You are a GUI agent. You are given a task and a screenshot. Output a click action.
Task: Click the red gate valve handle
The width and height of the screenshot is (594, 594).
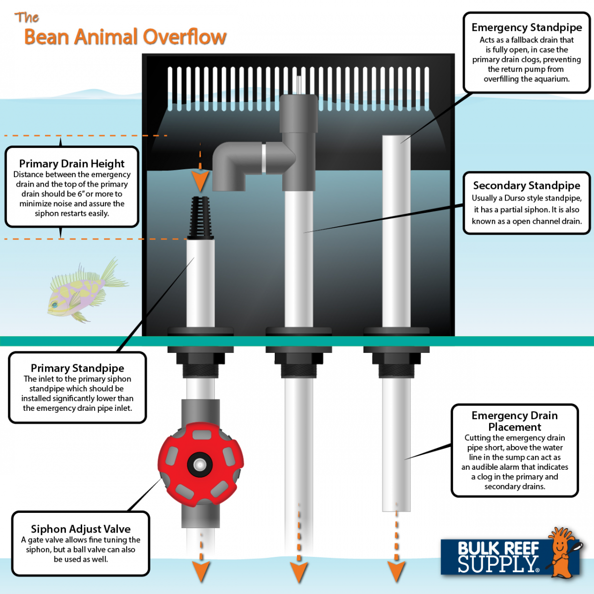coord(200,464)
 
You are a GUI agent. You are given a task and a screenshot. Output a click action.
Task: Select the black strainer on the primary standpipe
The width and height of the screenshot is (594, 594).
coord(200,218)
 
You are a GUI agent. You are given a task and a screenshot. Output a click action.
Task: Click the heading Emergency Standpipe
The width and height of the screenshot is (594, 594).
coord(527,27)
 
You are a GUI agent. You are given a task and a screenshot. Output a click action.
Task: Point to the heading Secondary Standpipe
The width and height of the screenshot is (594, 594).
coord(527,186)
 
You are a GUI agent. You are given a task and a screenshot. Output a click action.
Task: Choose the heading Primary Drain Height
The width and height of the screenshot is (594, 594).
coord(72,164)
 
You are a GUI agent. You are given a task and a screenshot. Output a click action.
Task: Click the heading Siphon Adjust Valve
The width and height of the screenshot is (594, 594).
coord(81,529)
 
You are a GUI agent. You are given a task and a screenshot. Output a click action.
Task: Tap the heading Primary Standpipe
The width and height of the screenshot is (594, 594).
coord(77,368)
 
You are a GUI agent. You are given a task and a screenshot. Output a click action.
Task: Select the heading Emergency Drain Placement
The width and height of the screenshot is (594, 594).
coord(514,421)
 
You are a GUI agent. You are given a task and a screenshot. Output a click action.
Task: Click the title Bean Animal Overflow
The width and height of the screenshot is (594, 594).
coord(125,37)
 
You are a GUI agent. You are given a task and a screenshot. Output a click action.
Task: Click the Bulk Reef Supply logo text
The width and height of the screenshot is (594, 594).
coord(498,557)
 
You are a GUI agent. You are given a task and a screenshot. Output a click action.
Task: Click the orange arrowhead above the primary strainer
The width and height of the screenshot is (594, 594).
coord(200,182)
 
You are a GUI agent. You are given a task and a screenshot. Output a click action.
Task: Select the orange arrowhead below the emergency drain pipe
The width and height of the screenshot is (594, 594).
coord(396,572)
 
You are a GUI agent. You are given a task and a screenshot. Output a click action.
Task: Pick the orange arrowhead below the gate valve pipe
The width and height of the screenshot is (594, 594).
coord(201,572)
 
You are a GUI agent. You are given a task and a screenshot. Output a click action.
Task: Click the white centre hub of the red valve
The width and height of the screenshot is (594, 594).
coord(200,464)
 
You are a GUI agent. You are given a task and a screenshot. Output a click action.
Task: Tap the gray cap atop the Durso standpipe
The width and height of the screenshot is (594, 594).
coord(298,113)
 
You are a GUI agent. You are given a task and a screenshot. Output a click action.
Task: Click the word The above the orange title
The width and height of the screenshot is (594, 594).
coord(27,17)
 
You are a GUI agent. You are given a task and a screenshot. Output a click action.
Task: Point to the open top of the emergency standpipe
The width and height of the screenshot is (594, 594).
coord(396,136)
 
